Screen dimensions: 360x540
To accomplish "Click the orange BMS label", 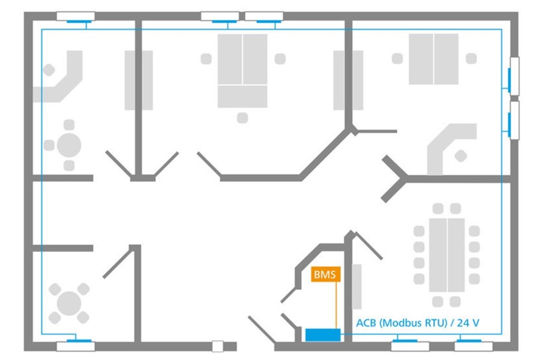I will tap(326, 275).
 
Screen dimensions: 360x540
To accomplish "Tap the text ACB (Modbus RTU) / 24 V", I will tap(418, 322).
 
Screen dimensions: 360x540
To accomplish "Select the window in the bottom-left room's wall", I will tap(75, 345).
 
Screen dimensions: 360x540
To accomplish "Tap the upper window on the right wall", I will tap(514, 76).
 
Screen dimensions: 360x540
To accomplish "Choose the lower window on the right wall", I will tap(514, 120).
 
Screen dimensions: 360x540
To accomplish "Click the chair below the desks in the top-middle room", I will tap(242, 118).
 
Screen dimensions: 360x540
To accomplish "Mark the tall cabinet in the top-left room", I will tap(139, 80).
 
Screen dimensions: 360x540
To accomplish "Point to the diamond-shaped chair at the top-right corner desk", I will tap(461, 156).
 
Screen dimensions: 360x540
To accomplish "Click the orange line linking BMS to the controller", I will tap(336, 306).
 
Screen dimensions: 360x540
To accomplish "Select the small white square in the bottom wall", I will tap(218, 346).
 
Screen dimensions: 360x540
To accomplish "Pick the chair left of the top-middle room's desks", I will tap(206, 59).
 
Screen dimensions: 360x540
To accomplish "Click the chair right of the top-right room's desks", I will tap(472, 58).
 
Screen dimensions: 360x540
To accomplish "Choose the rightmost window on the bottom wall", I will tap(473, 345).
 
